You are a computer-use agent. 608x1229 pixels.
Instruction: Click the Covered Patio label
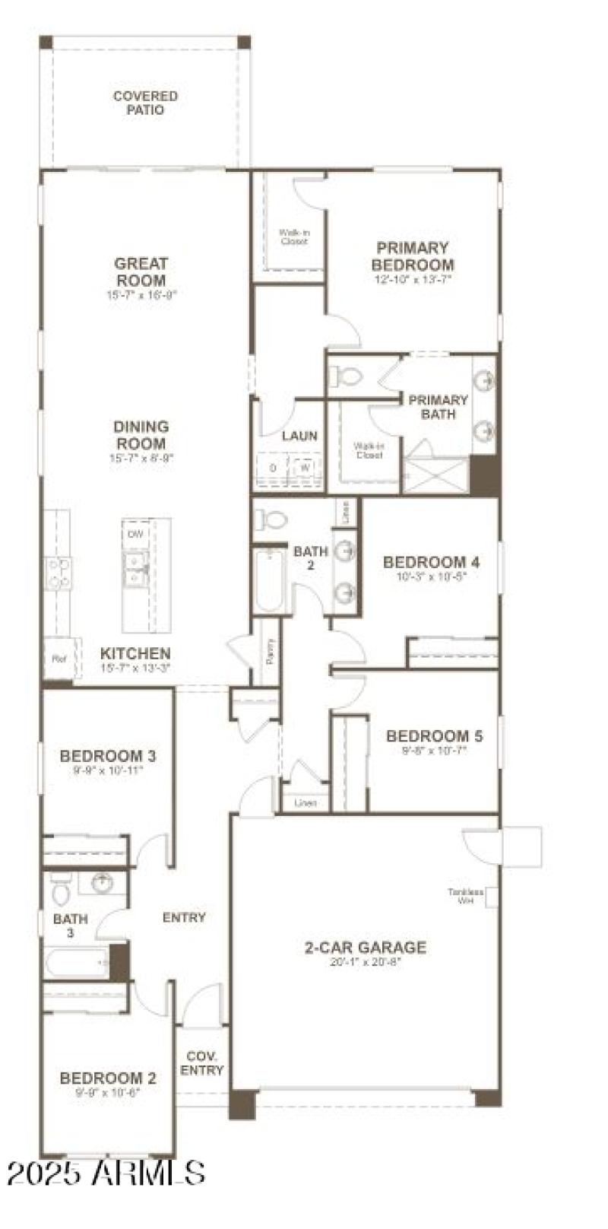[145, 103]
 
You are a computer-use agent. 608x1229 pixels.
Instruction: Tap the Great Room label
[141, 272]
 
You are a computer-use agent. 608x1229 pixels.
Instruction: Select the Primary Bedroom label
[413, 256]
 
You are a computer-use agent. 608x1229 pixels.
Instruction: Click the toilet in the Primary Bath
[347, 376]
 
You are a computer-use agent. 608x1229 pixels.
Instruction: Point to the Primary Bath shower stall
[435, 475]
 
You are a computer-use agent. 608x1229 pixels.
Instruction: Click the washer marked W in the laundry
[305, 468]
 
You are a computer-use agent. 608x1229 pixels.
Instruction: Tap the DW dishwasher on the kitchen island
[135, 535]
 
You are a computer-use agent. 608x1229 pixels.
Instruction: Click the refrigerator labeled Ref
[59, 659]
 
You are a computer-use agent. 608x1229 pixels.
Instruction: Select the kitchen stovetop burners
[59, 572]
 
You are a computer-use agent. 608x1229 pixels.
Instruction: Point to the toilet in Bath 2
[271, 519]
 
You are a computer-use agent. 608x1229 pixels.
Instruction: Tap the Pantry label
[271, 652]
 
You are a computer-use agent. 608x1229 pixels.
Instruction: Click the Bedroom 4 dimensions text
[431, 576]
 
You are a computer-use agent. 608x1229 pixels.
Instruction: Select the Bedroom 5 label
[434, 735]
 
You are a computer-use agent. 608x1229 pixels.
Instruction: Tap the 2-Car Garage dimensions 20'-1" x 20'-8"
[365, 961]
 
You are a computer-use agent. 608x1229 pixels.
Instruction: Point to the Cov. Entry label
[202, 1063]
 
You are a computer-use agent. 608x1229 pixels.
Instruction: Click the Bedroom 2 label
[108, 1078]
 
